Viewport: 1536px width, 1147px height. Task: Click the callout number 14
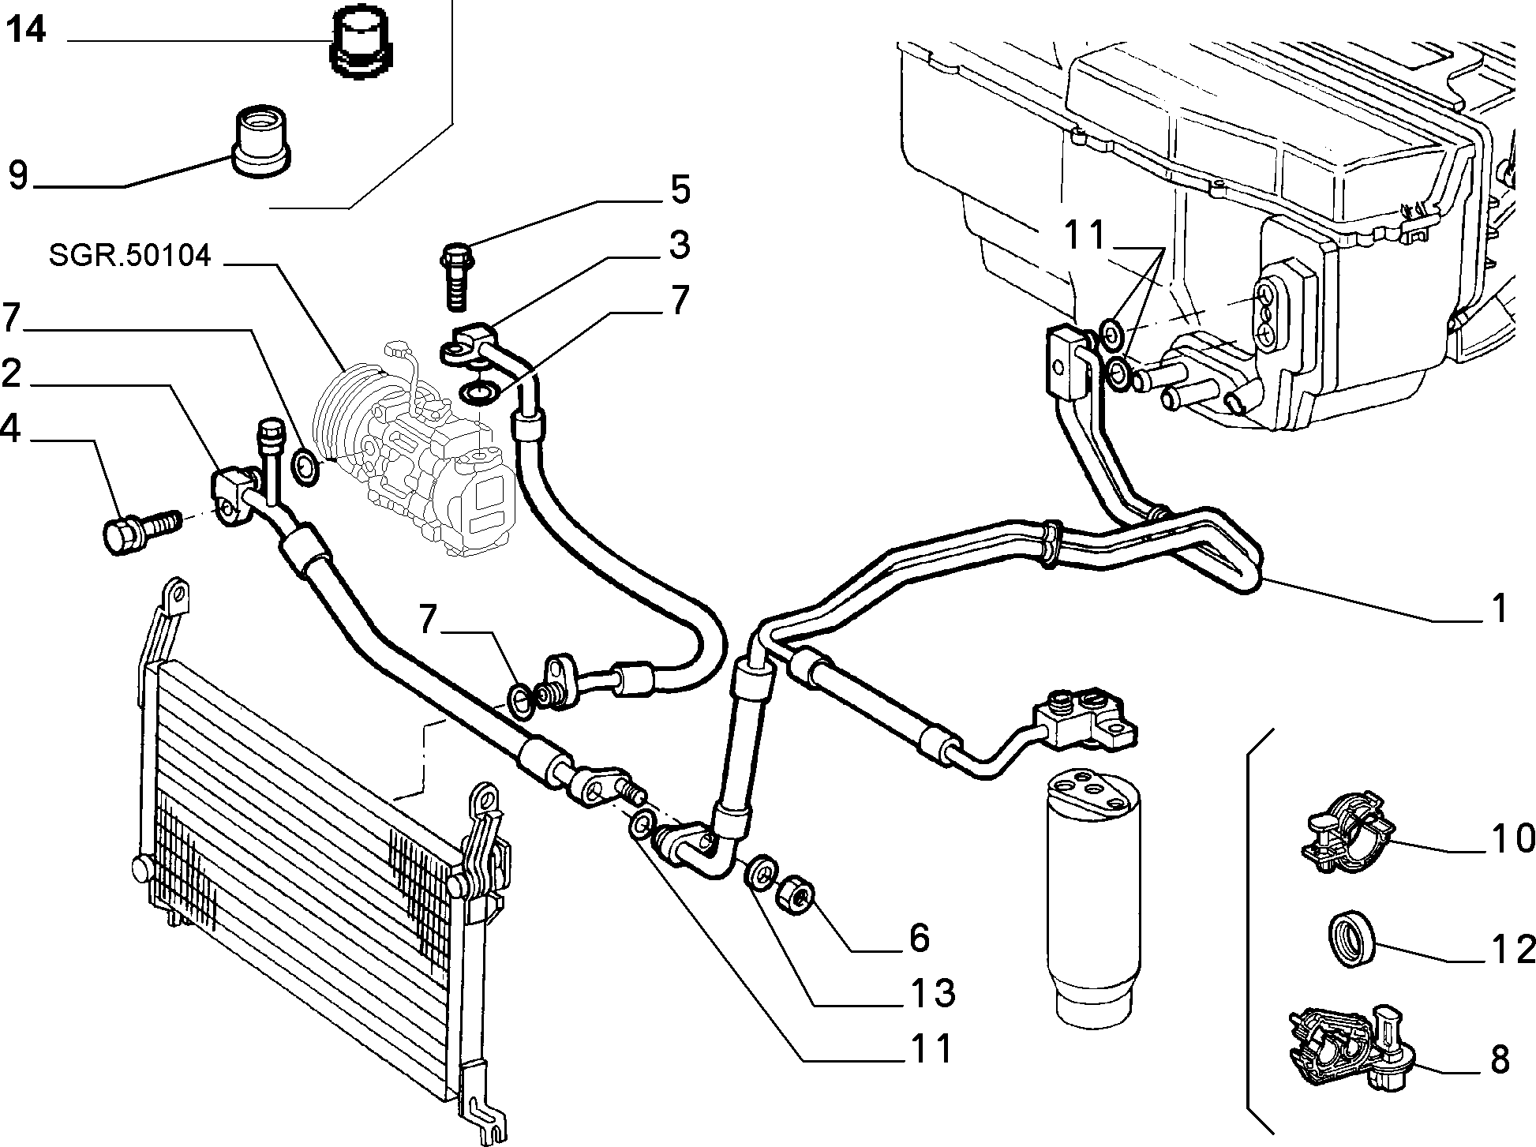point(26,30)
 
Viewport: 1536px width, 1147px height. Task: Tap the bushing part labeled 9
point(260,140)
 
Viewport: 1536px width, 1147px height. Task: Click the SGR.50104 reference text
point(129,256)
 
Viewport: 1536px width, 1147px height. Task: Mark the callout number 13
point(931,991)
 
